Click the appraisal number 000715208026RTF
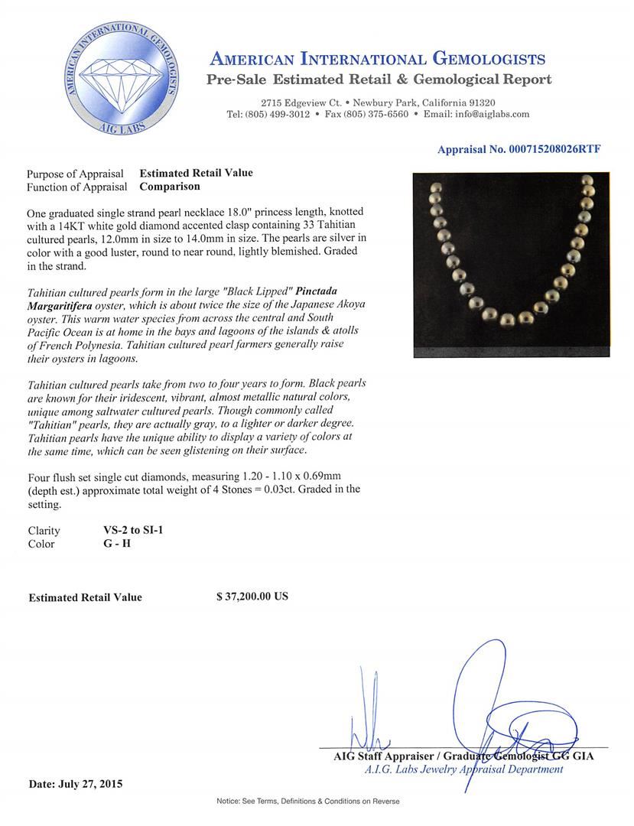pos(519,150)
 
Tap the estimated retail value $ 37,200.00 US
pos(252,597)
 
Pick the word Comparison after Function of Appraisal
pos(170,186)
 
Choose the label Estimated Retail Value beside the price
pos(85,597)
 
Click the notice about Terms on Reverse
pos(308,801)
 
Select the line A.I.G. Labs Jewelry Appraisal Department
pos(463,769)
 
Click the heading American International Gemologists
pos(378,60)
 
